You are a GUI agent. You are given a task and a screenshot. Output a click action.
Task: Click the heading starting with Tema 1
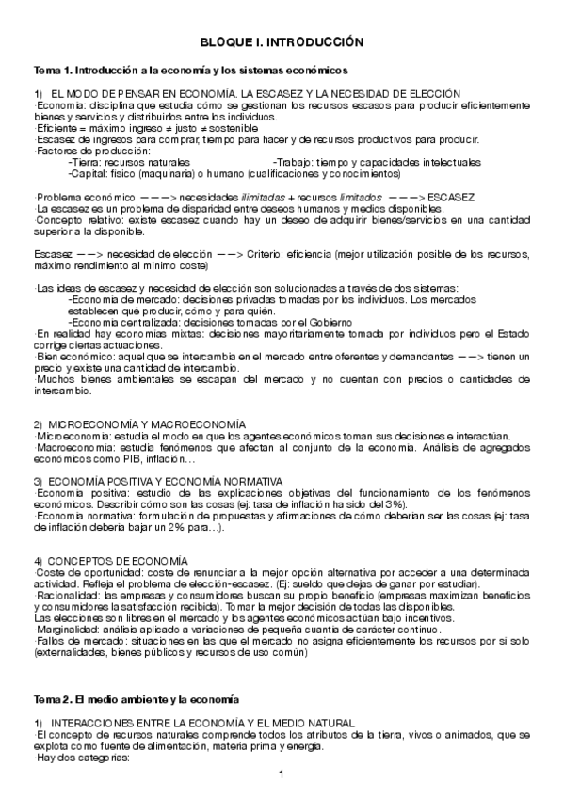point(191,70)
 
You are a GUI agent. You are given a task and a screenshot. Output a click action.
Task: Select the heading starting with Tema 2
point(137,700)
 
